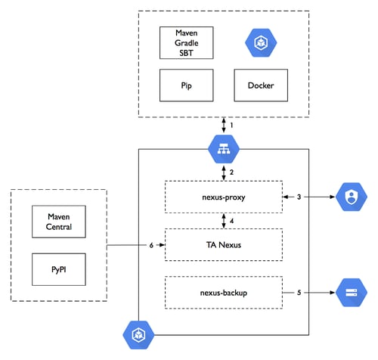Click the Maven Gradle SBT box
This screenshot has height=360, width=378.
pos(187,43)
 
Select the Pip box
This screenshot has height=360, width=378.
pos(187,85)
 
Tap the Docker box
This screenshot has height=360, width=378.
pos(261,85)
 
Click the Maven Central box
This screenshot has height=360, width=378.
pos(59,222)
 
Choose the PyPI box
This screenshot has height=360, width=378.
pos(59,269)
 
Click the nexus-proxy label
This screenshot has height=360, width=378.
pos(224,197)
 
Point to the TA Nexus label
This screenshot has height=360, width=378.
pos(224,245)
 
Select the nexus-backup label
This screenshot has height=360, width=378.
pos(224,293)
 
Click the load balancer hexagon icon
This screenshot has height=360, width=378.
pos(224,149)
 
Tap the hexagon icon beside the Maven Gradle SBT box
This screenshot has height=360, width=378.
pos(261,42)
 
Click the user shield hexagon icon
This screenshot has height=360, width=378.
pos(352,197)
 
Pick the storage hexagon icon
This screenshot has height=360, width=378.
pos(352,293)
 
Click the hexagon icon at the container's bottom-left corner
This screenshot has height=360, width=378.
pos(138,335)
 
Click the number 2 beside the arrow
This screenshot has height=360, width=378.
pos(231,172)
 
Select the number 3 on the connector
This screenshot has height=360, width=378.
pos(299,197)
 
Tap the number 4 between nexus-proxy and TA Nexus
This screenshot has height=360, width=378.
pos(231,221)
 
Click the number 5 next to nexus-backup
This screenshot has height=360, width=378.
pos(299,293)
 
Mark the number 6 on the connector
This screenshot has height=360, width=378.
pos(151,245)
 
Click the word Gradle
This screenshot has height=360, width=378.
pos(187,43)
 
